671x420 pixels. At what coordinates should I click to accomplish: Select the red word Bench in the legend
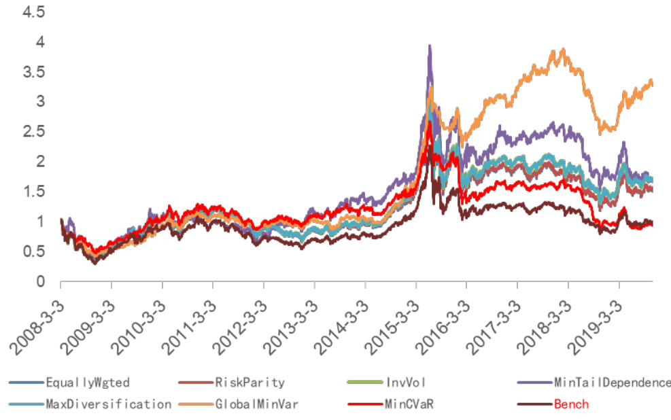point(571,404)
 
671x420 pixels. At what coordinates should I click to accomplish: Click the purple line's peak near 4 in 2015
point(429,46)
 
